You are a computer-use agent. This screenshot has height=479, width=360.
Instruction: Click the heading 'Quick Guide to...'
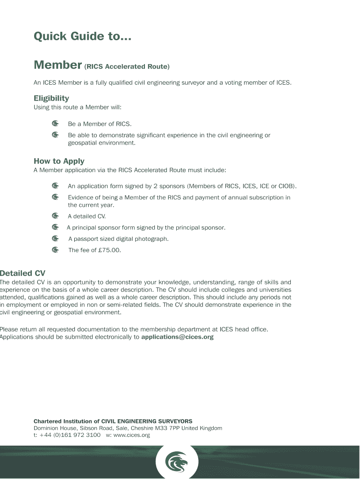(x=82, y=36)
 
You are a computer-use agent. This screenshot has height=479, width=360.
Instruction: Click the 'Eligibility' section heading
(x=51, y=98)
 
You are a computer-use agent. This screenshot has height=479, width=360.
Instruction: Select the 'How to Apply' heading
(x=59, y=161)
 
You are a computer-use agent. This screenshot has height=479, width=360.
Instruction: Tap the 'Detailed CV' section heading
(x=22, y=273)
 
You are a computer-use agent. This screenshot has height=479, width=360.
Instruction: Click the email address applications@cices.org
(x=177, y=337)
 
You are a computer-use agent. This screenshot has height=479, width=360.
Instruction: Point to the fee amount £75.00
(x=109, y=250)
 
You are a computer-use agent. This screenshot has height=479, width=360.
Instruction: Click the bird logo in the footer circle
(x=177, y=463)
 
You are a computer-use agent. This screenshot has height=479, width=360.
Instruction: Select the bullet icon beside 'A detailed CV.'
(x=55, y=216)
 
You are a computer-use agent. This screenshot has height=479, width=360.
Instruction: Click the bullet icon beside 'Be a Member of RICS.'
(x=55, y=124)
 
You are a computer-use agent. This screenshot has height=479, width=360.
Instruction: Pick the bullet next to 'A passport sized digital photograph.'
(x=55, y=239)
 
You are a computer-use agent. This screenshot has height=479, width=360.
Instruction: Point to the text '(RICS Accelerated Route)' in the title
(x=127, y=67)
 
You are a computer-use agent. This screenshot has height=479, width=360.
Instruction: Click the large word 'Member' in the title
(x=58, y=65)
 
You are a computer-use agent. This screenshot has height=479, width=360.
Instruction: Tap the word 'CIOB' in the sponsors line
(x=286, y=186)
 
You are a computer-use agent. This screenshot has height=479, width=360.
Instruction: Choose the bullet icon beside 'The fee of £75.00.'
(x=55, y=250)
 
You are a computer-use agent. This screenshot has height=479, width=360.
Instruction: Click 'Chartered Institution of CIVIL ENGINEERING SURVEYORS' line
(x=113, y=421)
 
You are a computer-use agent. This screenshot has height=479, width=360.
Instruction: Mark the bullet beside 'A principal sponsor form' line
(x=55, y=227)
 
